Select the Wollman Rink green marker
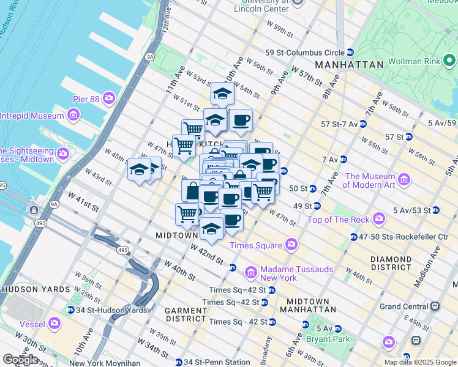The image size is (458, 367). tap(449, 61)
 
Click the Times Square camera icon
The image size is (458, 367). tap(291, 245)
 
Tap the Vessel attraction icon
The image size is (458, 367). tap(54, 322)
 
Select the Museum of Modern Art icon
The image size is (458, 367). tap(404, 180)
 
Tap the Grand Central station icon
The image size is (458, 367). tap(435, 306)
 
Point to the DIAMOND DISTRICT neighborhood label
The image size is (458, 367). tap(391, 263)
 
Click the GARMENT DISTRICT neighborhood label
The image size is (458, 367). tap(186, 314)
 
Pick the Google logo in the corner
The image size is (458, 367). tap(20, 360)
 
